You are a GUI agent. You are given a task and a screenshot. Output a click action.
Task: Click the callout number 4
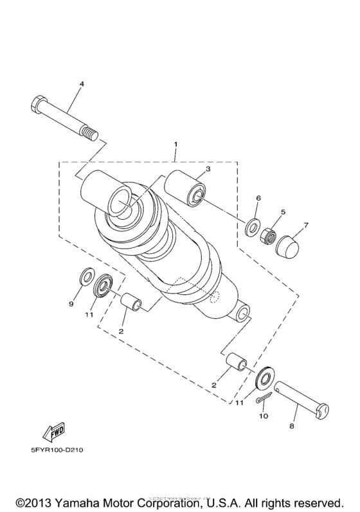tap(82, 84)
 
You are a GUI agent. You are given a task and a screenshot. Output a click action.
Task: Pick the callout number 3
tap(208, 169)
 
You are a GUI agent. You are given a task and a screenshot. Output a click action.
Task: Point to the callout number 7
tap(306, 225)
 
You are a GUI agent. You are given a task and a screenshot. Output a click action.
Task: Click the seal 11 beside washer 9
tap(104, 285)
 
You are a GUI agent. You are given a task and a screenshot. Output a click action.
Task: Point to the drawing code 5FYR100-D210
tap(57, 450)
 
